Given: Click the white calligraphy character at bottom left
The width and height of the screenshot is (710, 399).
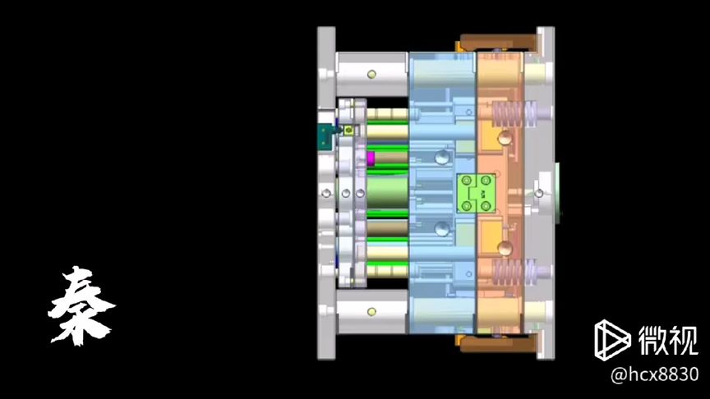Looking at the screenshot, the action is [x=81, y=305].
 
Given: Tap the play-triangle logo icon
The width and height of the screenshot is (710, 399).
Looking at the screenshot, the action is [x=611, y=340].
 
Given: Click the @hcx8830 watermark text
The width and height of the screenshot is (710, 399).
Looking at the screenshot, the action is [x=655, y=374].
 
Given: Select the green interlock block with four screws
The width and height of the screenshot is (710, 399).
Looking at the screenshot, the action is [x=476, y=194].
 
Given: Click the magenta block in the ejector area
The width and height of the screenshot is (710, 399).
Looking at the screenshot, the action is [x=371, y=158].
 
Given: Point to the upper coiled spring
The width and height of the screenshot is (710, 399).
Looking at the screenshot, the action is [x=514, y=113].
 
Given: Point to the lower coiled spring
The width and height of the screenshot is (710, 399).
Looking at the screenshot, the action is [x=514, y=273].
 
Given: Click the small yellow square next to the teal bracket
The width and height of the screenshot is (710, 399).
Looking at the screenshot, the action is [x=348, y=131].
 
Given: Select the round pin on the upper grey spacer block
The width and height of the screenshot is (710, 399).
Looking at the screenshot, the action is [x=371, y=74].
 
